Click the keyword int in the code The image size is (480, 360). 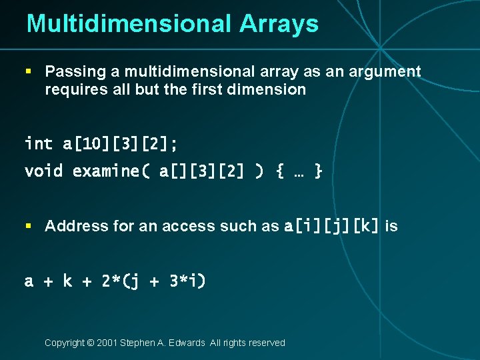pyautogui.click(x=39, y=143)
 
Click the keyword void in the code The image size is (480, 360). pyautogui.click(x=43, y=171)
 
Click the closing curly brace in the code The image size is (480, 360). pyautogui.click(x=318, y=171)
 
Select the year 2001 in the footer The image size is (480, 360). pyautogui.click(x=107, y=343)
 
